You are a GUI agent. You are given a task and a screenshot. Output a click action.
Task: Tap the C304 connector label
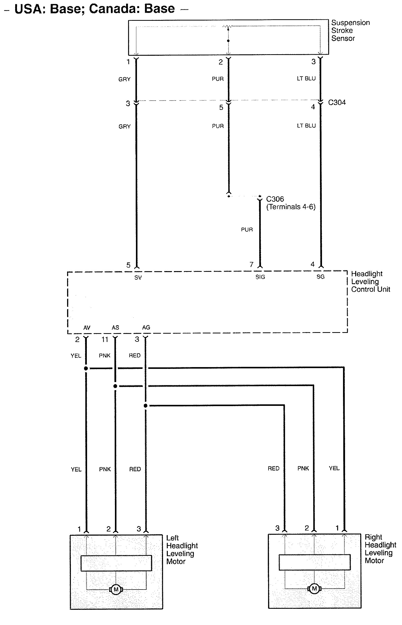point(337,102)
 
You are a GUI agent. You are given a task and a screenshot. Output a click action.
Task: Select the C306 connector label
point(275,199)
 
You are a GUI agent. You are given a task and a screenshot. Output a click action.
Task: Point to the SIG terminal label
point(260,277)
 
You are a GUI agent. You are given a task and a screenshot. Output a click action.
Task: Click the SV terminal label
point(138,278)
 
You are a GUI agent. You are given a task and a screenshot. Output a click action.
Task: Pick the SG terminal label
point(320,277)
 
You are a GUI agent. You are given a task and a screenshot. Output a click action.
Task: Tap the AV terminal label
point(87,328)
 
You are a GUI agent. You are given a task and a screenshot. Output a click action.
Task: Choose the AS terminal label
point(115,328)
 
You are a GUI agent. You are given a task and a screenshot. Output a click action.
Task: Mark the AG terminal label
point(146,328)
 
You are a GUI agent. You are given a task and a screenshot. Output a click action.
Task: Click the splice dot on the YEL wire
point(86,369)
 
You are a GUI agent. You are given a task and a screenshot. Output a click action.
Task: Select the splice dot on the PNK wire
point(115,386)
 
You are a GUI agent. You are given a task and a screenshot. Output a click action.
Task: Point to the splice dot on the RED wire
point(145,406)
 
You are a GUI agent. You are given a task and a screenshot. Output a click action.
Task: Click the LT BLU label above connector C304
point(306,79)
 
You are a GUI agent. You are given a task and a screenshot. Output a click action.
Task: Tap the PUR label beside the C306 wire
point(247,230)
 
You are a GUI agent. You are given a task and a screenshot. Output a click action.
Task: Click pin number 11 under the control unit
point(105,339)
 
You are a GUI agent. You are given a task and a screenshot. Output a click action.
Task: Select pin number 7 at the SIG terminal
point(251,264)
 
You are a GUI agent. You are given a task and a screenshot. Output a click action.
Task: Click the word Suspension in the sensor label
point(350,23)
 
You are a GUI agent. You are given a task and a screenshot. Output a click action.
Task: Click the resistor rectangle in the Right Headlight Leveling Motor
point(314,562)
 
